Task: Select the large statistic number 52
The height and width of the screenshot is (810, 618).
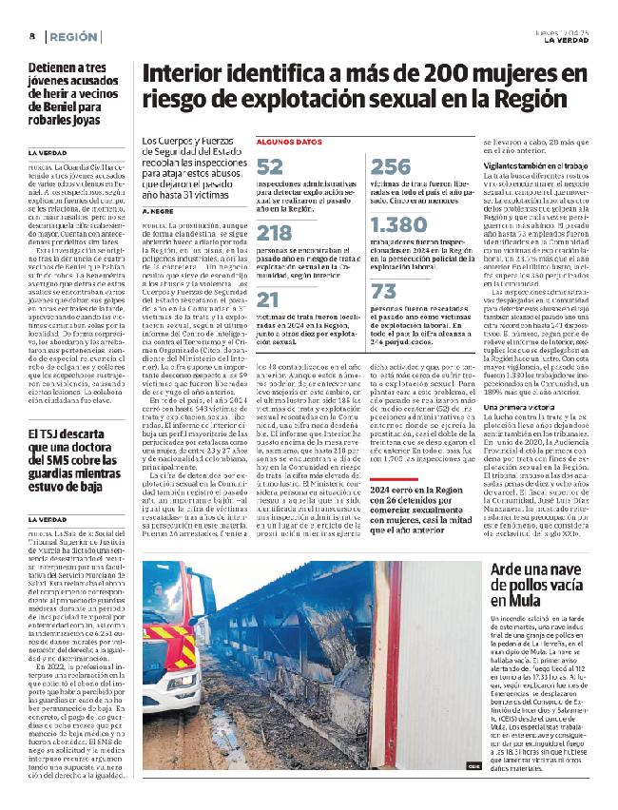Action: pos(269,167)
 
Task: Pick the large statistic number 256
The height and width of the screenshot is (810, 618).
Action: pos(390,167)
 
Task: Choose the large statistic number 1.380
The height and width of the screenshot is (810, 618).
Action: pos(400,224)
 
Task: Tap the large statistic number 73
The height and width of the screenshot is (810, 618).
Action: pos(383,291)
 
